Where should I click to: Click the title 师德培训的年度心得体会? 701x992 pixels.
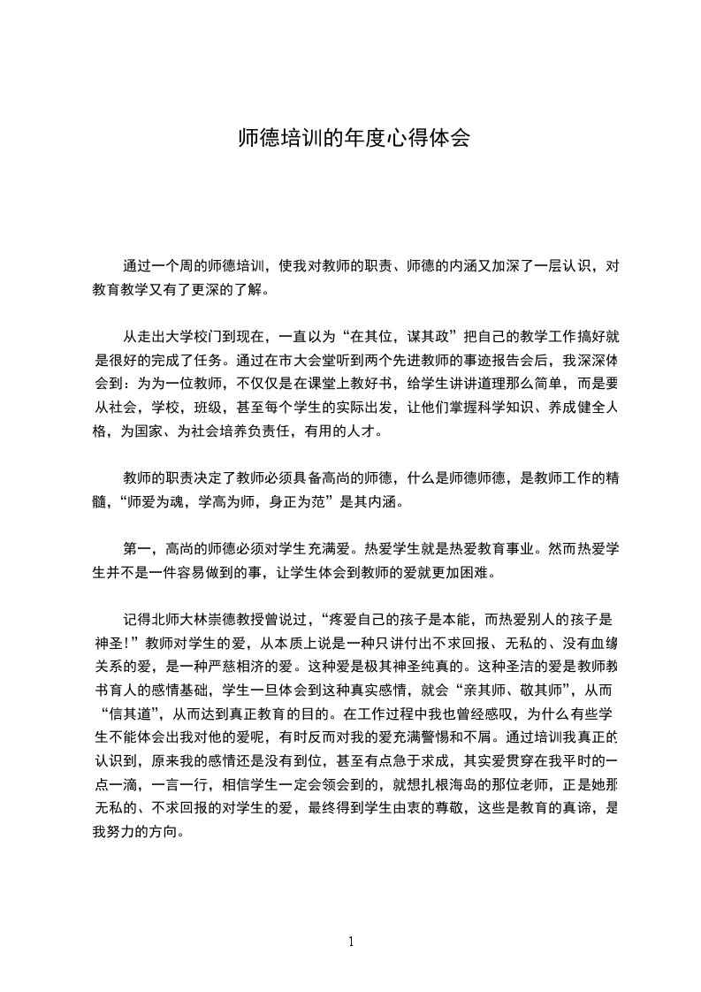(351, 139)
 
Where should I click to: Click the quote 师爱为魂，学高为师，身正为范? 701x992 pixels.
(265, 504)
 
